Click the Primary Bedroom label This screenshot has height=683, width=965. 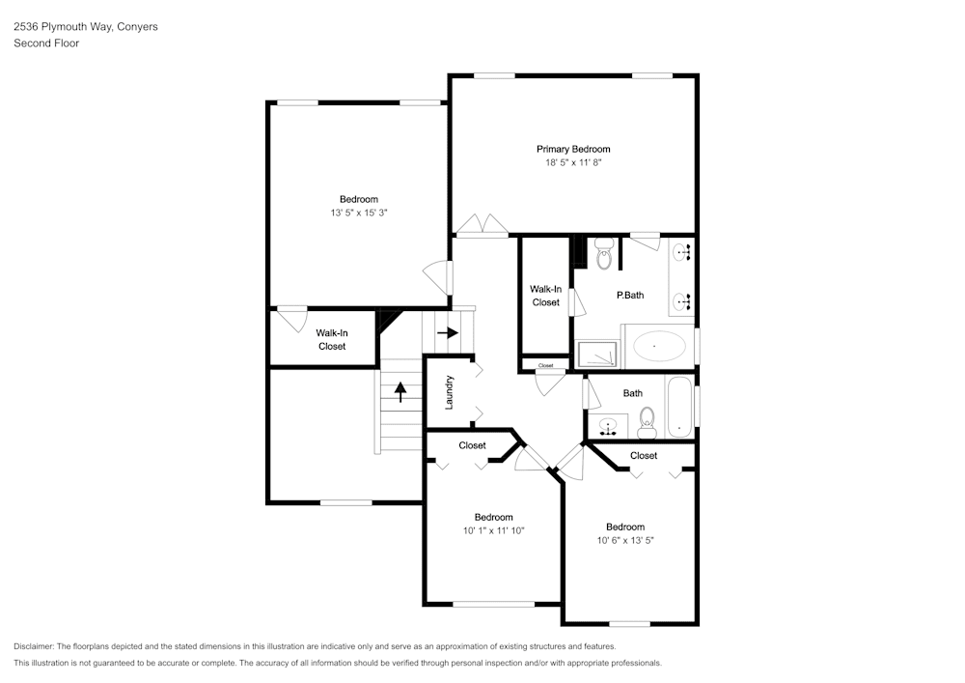pyautogui.click(x=573, y=149)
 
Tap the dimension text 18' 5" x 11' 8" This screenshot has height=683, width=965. pyautogui.click(x=573, y=162)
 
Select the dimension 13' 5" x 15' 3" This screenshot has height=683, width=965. pyautogui.click(x=359, y=213)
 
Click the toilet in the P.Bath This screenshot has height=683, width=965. pyautogui.click(x=604, y=254)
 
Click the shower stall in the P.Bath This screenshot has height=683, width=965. pyautogui.click(x=597, y=355)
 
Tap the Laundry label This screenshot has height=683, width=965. pyautogui.click(x=449, y=393)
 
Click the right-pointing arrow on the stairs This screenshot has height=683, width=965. pyautogui.click(x=448, y=332)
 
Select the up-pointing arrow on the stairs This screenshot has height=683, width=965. pyautogui.click(x=400, y=391)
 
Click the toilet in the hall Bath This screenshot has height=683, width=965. pyautogui.click(x=647, y=422)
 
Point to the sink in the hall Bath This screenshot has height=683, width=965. pyautogui.click(x=608, y=426)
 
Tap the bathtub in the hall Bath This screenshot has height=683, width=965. pyautogui.click(x=679, y=407)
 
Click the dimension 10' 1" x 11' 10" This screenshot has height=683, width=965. pyautogui.click(x=493, y=531)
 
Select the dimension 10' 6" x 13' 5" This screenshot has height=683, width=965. pyautogui.click(x=625, y=541)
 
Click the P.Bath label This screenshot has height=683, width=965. pyautogui.click(x=630, y=296)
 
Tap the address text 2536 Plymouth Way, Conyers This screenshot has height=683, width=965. pyautogui.click(x=86, y=26)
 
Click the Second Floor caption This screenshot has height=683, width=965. pyautogui.click(x=46, y=43)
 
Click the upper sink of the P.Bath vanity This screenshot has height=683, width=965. pyautogui.click(x=681, y=251)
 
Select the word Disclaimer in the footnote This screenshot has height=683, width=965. pyautogui.click(x=33, y=646)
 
